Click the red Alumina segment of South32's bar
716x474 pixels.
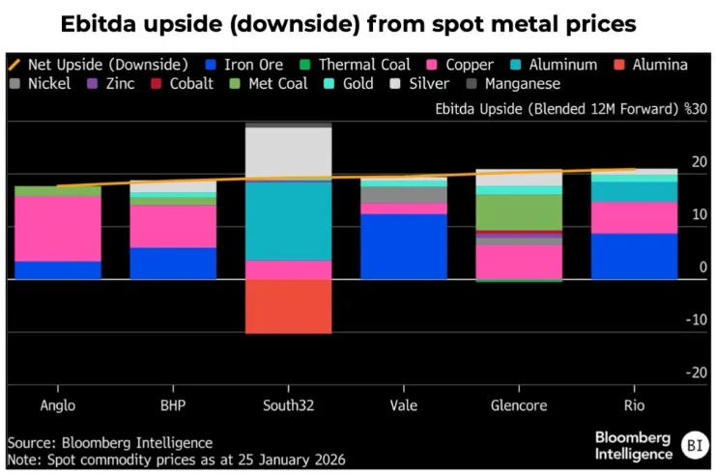click(x=288, y=306)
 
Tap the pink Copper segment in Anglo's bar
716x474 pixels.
click(x=58, y=228)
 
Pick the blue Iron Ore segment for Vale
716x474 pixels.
click(x=404, y=246)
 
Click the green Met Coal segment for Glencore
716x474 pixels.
click(x=519, y=212)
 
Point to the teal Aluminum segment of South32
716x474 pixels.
click(x=288, y=220)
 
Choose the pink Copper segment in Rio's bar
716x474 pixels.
click(x=634, y=217)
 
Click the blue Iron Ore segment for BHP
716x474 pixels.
click(x=173, y=263)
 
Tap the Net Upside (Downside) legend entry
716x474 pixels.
click(x=98, y=65)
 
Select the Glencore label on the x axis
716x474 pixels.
click(x=519, y=404)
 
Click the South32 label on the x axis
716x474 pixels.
click(x=288, y=404)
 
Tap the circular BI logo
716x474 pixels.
click(x=692, y=446)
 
